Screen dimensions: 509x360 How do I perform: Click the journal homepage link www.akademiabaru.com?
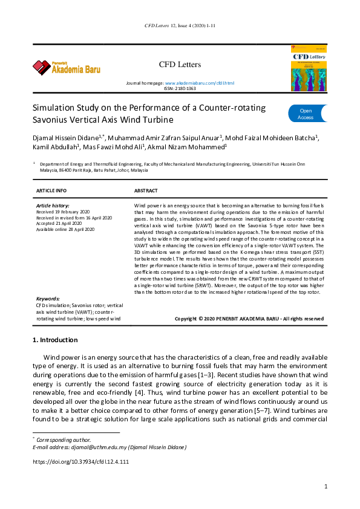199,82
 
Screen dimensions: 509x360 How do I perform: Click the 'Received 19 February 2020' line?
64,212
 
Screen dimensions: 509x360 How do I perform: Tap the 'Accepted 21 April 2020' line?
59,224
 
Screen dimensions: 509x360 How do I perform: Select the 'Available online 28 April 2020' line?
65,229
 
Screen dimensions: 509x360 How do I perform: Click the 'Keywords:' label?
48,299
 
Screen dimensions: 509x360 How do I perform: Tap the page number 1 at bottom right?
326,486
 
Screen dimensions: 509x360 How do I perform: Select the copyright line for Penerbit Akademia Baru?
249,318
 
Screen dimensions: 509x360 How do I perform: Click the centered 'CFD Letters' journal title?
179,64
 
